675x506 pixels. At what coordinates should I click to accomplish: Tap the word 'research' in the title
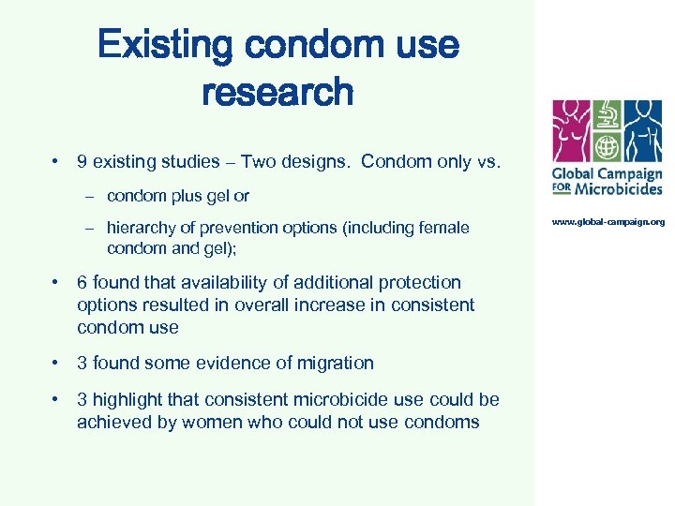(277, 92)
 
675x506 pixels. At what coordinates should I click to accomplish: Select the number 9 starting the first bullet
(82, 161)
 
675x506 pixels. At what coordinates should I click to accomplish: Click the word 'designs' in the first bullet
(317, 161)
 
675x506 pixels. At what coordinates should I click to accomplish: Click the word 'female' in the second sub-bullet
(442, 228)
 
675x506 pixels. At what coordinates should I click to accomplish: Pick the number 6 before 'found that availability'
(82, 282)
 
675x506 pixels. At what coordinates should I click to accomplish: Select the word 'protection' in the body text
(414, 282)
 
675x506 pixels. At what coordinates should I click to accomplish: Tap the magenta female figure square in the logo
(571, 131)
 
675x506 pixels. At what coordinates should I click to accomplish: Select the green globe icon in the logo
(607, 149)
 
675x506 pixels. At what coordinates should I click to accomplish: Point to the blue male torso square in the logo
(643, 131)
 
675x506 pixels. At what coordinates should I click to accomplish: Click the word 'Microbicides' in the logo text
(620, 188)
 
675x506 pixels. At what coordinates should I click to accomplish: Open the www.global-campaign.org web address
(607, 222)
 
